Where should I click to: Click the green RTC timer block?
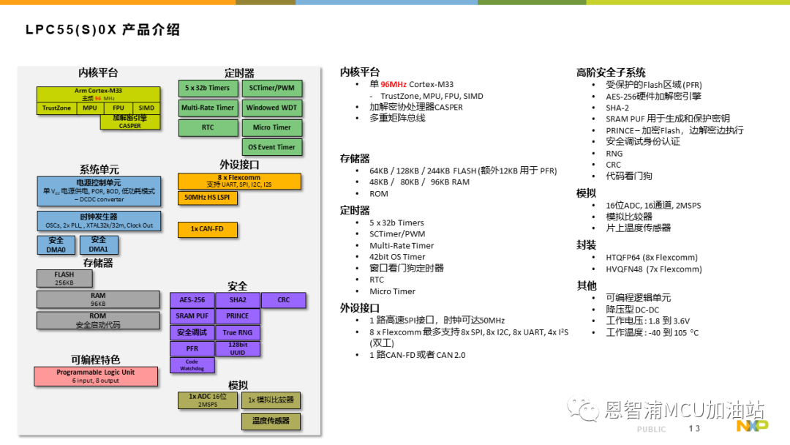[208, 127]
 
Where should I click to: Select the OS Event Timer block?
[271, 147]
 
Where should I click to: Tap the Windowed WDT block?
[271, 108]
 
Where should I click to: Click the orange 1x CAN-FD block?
[207, 229]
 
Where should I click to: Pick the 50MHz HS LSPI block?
[207, 198]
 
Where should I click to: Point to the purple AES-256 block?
[192, 300]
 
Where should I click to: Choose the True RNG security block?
[237, 332]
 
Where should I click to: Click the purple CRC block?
[284, 300]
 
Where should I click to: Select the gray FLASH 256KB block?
[64, 278]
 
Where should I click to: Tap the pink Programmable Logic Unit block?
[96, 376]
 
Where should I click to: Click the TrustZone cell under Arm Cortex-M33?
[56, 108]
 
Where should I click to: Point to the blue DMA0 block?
[56, 245]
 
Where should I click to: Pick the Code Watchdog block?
[192, 365]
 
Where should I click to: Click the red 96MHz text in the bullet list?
[394, 84]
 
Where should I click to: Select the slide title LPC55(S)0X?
[71, 30]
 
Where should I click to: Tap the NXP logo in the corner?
[752, 426]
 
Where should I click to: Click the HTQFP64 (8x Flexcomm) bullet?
[652, 258]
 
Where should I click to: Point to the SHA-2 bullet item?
[617, 108]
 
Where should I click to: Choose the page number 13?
[694, 428]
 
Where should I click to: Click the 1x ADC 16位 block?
[208, 400]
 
